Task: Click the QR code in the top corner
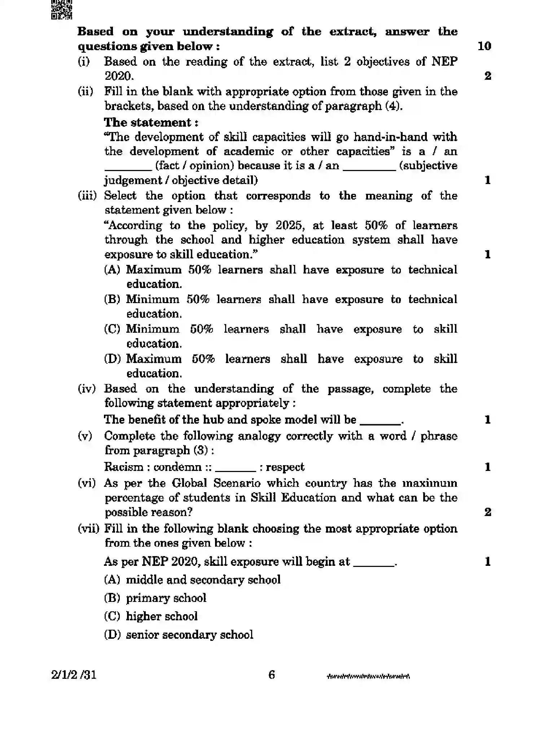tap(62, 9)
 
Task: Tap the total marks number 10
tap(484, 46)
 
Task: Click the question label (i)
tap(84, 62)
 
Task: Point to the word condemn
tap(178, 467)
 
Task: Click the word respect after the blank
tap(285, 467)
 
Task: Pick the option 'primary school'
tap(166, 598)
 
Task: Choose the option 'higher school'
tap(162, 616)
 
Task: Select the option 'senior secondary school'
tap(189, 634)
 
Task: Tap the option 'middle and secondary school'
tap(203, 580)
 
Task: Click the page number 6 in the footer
tap(272, 675)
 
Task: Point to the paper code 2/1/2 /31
tap(74, 675)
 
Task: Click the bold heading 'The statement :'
tap(151, 122)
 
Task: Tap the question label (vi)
tap(87, 483)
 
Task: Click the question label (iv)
tap(87, 389)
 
